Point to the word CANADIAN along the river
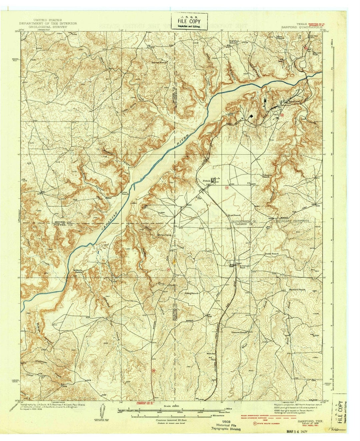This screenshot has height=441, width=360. (x=110, y=221)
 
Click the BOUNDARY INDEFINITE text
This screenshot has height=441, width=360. (x=291, y=221)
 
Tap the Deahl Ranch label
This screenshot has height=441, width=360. (x=271, y=254)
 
